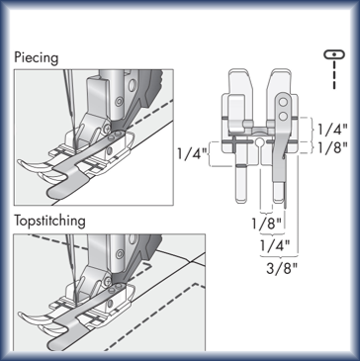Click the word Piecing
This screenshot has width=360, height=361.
(37, 58)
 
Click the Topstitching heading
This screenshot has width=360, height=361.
(49, 221)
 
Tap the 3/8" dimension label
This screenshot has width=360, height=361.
(282, 269)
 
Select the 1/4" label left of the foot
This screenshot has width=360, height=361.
(193, 154)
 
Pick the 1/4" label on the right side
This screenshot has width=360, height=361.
(332, 130)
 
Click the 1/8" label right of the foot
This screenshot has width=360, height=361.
(332, 148)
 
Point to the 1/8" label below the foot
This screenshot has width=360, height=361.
(266, 225)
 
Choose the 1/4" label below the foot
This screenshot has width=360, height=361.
(275, 245)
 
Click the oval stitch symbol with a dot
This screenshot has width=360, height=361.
(334, 54)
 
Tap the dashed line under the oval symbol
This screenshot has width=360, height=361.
(334, 74)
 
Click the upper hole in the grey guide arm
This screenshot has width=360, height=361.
(283, 103)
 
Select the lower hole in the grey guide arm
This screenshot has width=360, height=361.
(283, 116)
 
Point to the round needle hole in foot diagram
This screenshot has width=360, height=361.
(259, 142)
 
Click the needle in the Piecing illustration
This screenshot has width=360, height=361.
(71, 110)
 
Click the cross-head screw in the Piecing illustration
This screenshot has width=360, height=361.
(107, 129)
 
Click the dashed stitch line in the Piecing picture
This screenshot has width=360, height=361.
(149, 114)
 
